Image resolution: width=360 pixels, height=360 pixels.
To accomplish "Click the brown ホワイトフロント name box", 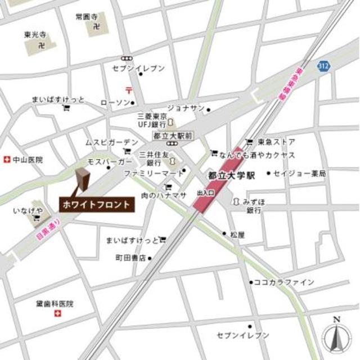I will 97,205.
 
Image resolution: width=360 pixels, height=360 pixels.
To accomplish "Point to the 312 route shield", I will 322,67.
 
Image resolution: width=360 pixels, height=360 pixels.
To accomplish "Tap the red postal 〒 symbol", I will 129,88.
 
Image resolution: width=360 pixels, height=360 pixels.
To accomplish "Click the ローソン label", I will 114,102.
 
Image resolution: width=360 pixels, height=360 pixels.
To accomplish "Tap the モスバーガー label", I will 108,160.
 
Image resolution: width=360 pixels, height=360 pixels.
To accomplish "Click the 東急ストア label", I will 276,142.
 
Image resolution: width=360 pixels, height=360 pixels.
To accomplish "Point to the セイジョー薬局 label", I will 299,174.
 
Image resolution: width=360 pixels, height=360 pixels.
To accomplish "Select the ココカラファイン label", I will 284,282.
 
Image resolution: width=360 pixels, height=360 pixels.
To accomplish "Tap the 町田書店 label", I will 130,258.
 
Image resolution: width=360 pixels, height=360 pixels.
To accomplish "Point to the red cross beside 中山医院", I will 7,160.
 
